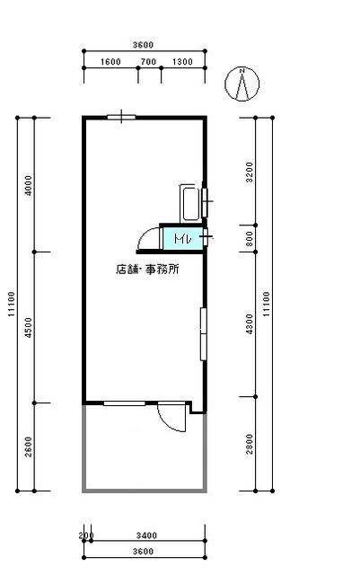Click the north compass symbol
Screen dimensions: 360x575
tap(241, 84)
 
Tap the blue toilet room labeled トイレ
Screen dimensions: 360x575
tap(182, 239)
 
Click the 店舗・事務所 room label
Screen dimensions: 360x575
tap(147, 270)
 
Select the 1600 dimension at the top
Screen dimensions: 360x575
tap(110, 62)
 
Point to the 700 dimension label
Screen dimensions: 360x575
tap(148, 62)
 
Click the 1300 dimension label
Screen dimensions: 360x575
tap(182, 62)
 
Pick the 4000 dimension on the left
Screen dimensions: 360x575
tap(28, 186)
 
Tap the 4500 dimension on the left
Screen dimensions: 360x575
tap(28, 327)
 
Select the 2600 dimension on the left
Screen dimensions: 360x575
tap(28, 447)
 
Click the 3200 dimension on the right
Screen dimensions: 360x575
tap(250, 172)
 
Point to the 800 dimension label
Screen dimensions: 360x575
tap(250, 239)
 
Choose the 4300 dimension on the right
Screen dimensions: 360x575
tap(250, 323)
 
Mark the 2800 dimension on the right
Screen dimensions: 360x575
tap(250, 444)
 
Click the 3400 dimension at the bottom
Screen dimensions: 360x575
tap(146, 535)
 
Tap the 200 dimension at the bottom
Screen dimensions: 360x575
tap(86, 535)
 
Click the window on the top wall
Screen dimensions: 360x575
tap(121, 118)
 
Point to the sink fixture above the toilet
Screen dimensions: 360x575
tap(190, 204)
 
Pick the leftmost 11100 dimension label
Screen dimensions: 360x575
tap(12, 304)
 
